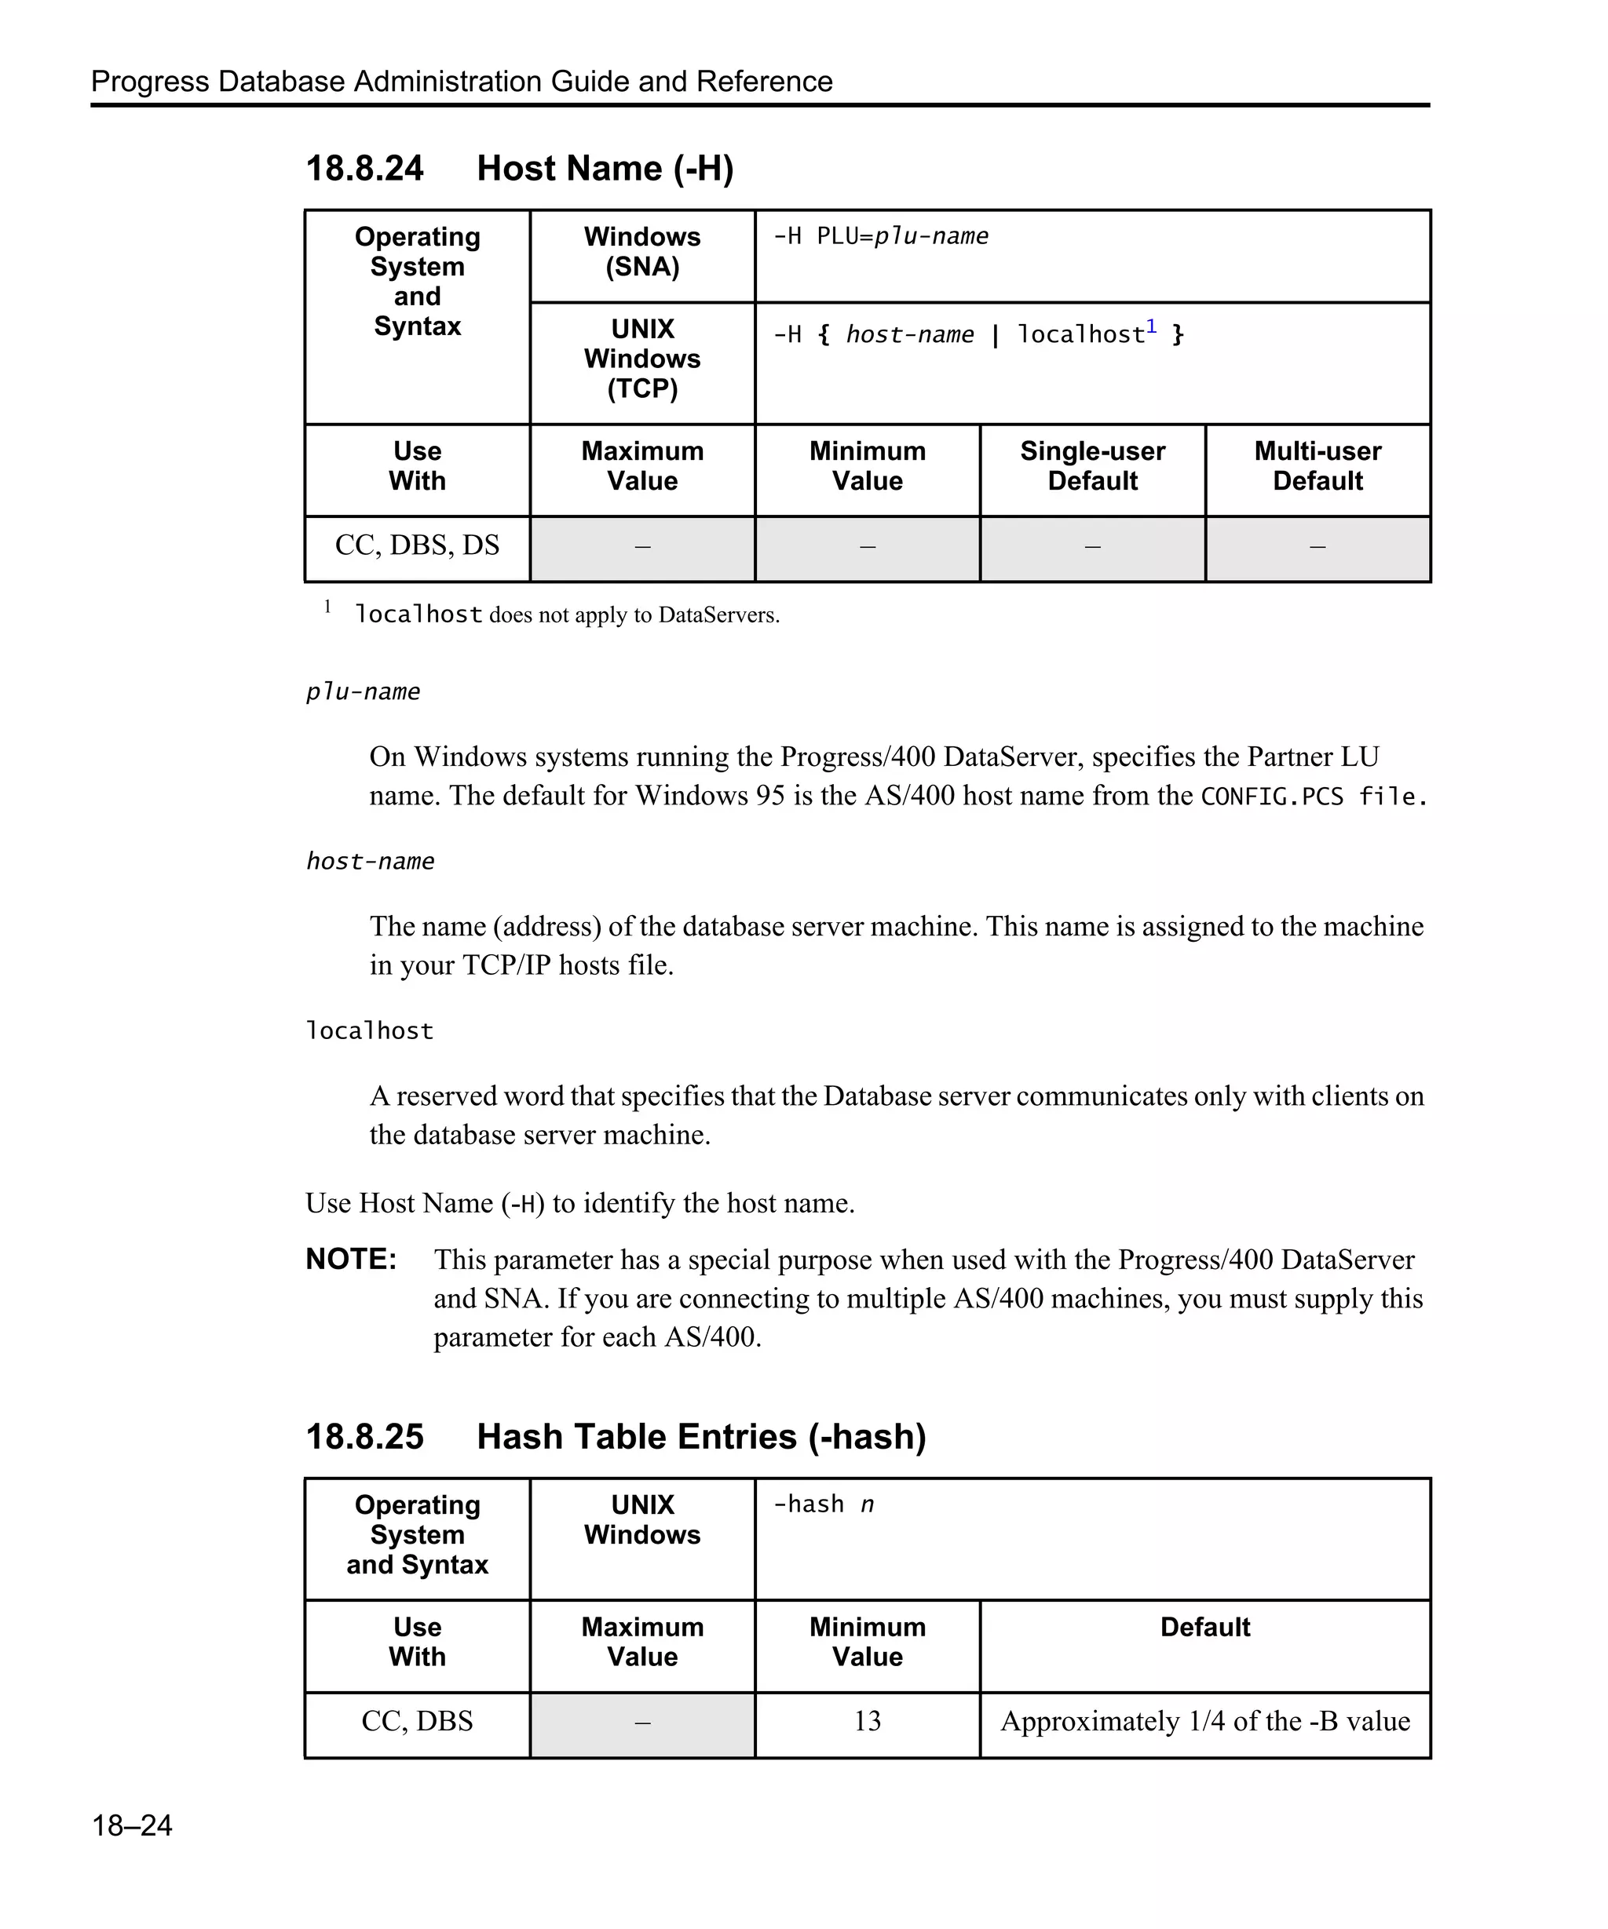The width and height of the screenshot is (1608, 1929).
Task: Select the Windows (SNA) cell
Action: (x=642, y=252)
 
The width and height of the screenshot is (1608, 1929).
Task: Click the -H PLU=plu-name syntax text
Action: (x=880, y=236)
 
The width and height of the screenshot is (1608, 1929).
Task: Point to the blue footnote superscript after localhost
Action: (x=1151, y=327)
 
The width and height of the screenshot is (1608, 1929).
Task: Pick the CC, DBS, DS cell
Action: (x=417, y=545)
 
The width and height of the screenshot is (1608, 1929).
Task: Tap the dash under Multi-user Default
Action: (x=1317, y=548)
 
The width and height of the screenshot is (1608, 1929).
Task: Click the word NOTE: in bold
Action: (x=351, y=1260)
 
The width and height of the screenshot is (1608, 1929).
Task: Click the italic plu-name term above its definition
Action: (x=363, y=691)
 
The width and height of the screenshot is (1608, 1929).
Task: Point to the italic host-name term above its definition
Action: (x=371, y=862)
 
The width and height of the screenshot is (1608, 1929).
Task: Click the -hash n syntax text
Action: (x=824, y=1504)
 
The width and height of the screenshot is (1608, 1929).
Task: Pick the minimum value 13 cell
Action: (x=868, y=1721)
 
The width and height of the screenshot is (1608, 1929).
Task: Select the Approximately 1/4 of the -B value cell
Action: (x=1204, y=1721)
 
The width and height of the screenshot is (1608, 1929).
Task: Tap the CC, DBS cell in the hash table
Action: (x=417, y=1721)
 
